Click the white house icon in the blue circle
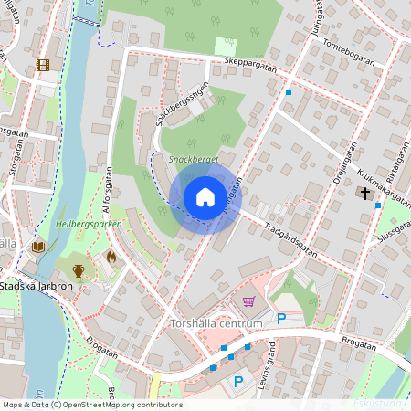pyautogui.click(x=205, y=196)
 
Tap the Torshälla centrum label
pyautogui.click(x=216, y=323)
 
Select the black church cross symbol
pyautogui.click(x=366, y=194)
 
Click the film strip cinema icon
pyautogui.click(x=42, y=64)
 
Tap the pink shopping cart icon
pyautogui.click(x=248, y=301)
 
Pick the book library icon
pyautogui.click(x=38, y=247)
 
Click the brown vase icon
pyautogui.click(x=79, y=269)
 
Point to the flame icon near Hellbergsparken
pyautogui.click(x=111, y=257)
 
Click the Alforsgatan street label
pyautogui.click(x=108, y=187)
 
